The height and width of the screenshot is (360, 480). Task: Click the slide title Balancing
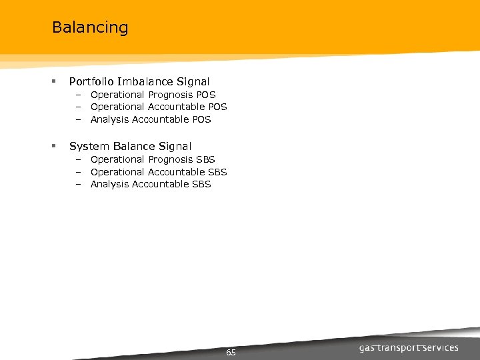coord(89,28)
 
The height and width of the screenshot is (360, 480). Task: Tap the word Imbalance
coord(145,82)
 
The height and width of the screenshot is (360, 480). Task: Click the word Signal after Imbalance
coord(193,82)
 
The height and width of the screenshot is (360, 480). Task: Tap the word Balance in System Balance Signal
coord(133,146)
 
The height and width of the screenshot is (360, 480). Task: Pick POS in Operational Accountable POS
coord(217,107)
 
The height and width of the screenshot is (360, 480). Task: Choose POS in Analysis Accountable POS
coord(201,119)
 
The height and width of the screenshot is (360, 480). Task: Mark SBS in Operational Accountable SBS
coord(217,172)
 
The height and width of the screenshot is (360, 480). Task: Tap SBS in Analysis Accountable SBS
coord(201,184)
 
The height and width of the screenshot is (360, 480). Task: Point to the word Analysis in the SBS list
coord(110,184)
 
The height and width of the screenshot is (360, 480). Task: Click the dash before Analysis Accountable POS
coord(77,120)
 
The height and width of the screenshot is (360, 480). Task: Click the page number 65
coord(231,352)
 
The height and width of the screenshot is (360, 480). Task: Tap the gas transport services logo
coord(409,347)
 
